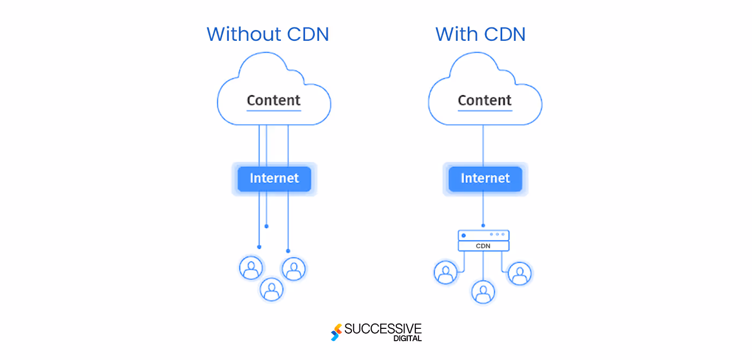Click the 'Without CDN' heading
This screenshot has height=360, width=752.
tap(267, 34)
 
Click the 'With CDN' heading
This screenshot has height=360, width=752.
tap(480, 34)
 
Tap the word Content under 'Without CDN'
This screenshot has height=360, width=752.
tap(273, 100)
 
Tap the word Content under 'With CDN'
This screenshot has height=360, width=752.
tap(485, 100)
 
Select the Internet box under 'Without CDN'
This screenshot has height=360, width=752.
tap(274, 178)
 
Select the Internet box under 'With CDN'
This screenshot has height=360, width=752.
tap(485, 178)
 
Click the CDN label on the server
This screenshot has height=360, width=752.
tap(483, 246)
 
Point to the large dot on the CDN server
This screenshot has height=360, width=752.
tap(464, 235)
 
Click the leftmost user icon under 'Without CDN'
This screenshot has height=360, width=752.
tap(251, 268)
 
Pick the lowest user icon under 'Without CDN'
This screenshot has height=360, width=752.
tap(272, 290)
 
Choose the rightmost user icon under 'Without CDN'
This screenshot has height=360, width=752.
tap(293, 268)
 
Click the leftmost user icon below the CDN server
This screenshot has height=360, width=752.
tap(445, 272)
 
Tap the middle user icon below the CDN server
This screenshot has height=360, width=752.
tap(483, 292)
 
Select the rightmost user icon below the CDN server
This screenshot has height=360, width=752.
tap(519, 273)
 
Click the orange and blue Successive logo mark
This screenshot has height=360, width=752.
tap(336, 333)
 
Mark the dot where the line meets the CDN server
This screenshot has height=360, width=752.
tap(483, 226)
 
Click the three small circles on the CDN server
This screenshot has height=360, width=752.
tap(497, 234)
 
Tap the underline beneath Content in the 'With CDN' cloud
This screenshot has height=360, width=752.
tap(485, 111)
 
